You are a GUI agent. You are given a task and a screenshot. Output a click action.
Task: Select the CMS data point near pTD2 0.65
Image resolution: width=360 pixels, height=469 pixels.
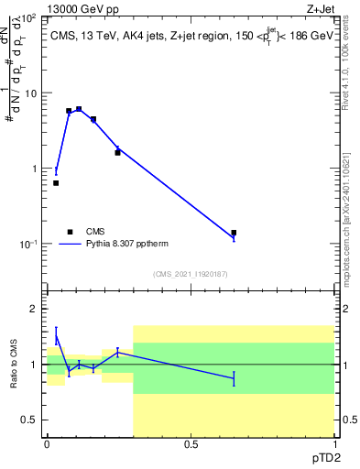click(x=234, y=233)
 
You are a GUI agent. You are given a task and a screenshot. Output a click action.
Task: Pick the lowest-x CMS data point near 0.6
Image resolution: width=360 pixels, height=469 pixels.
click(x=56, y=183)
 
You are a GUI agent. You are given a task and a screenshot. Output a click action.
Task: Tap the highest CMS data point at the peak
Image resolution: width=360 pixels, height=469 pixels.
click(x=79, y=109)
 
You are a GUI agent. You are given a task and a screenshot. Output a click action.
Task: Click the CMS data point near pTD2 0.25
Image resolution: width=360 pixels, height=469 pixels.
click(x=117, y=152)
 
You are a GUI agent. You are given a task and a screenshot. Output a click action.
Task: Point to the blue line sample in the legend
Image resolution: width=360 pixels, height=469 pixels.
click(x=70, y=245)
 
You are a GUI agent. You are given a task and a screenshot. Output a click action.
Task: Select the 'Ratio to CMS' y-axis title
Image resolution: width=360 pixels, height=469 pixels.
click(x=16, y=365)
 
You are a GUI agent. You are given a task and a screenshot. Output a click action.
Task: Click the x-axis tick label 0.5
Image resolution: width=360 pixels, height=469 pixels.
click(x=191, y=444)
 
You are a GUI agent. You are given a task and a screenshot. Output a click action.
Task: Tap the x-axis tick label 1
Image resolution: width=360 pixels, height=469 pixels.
click(x=333, y=444)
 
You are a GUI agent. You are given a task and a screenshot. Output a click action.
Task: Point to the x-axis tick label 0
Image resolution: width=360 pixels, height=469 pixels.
click(x=48, y=444)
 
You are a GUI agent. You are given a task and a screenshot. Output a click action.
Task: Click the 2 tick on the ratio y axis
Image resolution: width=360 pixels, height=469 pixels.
click(x=35, y=309)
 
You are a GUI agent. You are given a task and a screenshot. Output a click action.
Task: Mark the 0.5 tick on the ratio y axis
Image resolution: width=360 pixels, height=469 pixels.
click(x=30, y=420)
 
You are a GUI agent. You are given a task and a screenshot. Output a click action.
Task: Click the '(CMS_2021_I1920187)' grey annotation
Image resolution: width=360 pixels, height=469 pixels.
click(x=191, y=273)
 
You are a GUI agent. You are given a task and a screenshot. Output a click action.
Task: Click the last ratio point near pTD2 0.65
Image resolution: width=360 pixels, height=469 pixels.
click(x=234, y=378)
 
